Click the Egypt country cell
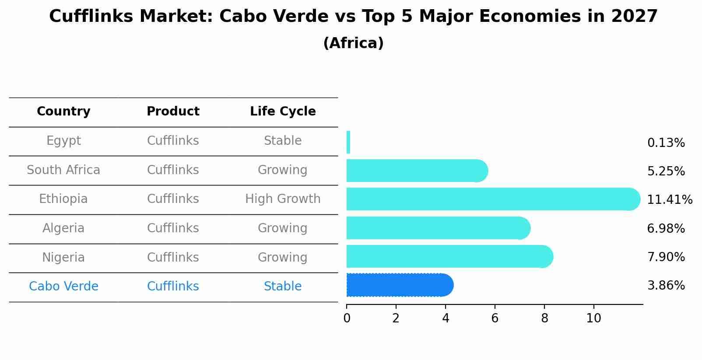click(63, 141)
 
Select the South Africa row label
click(63, 170)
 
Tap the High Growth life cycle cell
click(283, 199)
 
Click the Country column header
click(63, 112)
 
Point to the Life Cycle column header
click(283, 112)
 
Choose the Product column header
click(173, 112)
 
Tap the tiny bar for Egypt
click(348, 142)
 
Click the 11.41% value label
click(670, 200)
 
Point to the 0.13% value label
click(666, 143)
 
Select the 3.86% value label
click(666, 286)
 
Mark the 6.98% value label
click(666, 228)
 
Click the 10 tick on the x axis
click(593, 318)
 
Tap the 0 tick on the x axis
click(347, 318)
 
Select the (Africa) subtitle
click(353, 43)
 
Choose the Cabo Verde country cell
click(63, 287)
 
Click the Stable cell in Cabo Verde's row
click(283, 287)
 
